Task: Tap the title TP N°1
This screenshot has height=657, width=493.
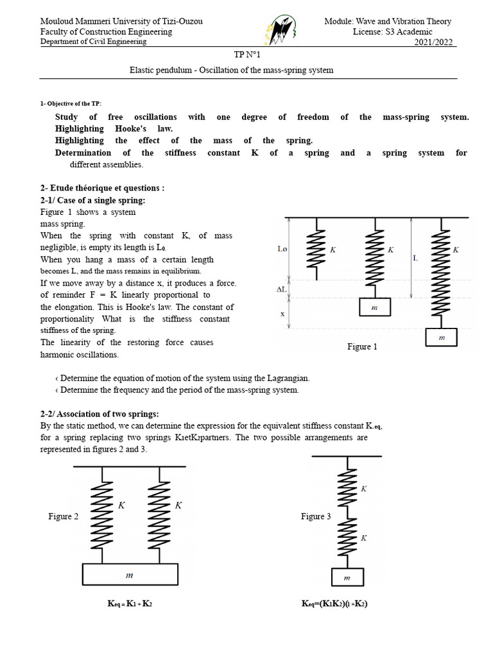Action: coord(246,56)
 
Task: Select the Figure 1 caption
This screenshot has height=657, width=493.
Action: coord(362,346)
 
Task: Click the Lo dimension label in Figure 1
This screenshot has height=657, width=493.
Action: coord(282,249)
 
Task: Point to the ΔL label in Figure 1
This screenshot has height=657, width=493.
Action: coord(281,289)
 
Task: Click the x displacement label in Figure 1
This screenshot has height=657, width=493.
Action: coord(281,314)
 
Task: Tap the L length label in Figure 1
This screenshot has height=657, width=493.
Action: coord(415,257)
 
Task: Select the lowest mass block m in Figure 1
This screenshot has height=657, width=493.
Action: coord(441,337)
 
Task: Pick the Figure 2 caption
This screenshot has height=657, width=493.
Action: coord(63,516)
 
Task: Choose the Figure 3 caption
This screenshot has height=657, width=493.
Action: coord(316,516)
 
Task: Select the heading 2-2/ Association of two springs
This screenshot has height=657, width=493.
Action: coord(99,413)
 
